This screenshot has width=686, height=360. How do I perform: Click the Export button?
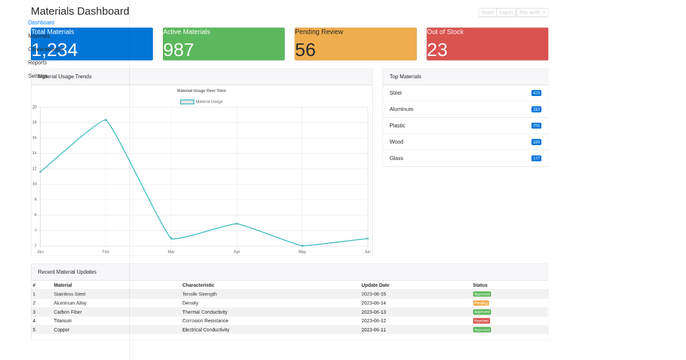click(x=506, y=13)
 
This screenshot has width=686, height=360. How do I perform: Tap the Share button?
click(x=487, y=13)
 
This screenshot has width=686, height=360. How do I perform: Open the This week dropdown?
click(x=532, y=13)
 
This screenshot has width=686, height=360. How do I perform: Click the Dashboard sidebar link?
click(x=41, y=23)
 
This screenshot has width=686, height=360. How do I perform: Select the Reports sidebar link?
click(x=38, y=62)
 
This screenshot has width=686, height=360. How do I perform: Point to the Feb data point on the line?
click(x=106, y=120)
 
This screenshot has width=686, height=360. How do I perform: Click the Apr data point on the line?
click(x=237, y=223)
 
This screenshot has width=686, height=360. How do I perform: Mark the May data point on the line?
click(x=302, y=246)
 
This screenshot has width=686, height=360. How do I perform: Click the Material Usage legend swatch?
click(x=187, y=102)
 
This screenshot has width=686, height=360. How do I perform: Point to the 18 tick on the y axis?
click(x=34, y=122)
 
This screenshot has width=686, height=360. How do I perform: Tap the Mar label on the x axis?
click(x=171, y=251)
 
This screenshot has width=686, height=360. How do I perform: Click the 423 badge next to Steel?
click(x=536, y=93)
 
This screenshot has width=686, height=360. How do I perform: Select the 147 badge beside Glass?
click(x=536, y=158)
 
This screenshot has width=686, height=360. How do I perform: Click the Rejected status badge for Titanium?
click(x=481, y=321)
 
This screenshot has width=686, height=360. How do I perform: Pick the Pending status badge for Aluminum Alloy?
click(x=481, y=303)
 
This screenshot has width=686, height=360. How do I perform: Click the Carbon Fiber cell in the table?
click(x=67, y=312)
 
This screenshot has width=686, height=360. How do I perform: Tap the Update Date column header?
click(x=375, y=285)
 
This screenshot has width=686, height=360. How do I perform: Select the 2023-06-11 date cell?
click(x=373, y=330)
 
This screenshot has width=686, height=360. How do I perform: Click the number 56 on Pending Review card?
click(x=305, y=50)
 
